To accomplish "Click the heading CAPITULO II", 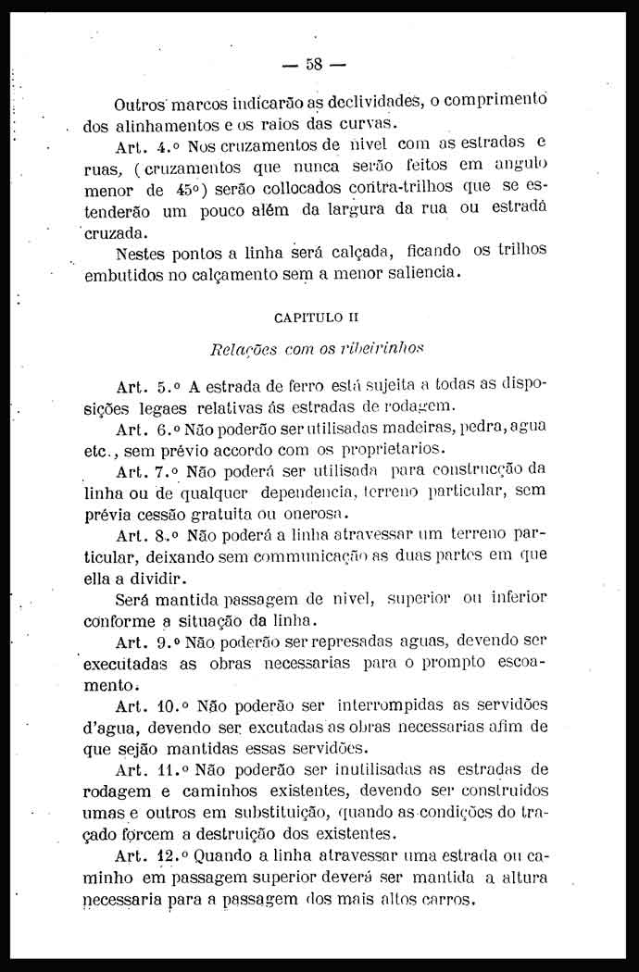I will [310, 318].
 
